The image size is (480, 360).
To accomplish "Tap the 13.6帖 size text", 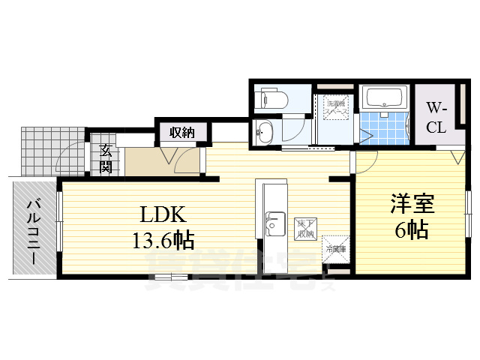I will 163,240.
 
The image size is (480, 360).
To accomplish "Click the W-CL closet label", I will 436,117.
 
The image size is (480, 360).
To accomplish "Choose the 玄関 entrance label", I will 106,157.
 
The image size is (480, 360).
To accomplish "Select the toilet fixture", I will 271,99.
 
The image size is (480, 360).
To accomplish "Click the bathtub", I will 385,97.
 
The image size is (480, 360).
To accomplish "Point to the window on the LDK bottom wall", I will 170,278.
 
